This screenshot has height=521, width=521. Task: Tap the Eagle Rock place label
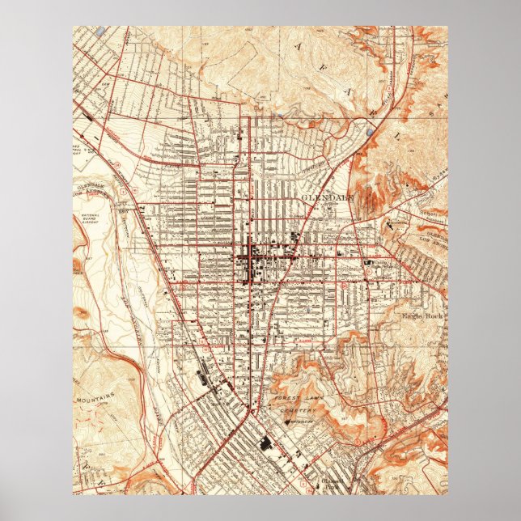coord(418,315)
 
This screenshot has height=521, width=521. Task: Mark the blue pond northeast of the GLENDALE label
coord(369,130)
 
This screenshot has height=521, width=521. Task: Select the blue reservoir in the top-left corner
coord(100,31)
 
